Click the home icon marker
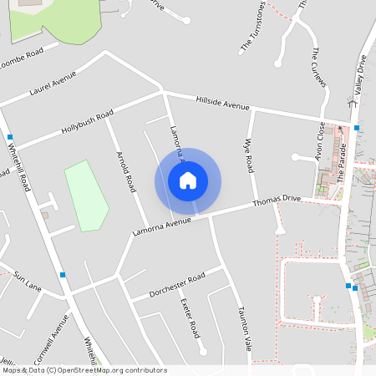[188, 180]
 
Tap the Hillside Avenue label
[223, 104]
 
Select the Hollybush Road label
[87, 124]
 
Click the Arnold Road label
[127, 172]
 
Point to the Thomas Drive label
[277, 201]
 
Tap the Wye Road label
[248, 155]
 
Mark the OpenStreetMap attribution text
[84, 370]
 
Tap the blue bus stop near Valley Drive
[357, 128]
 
